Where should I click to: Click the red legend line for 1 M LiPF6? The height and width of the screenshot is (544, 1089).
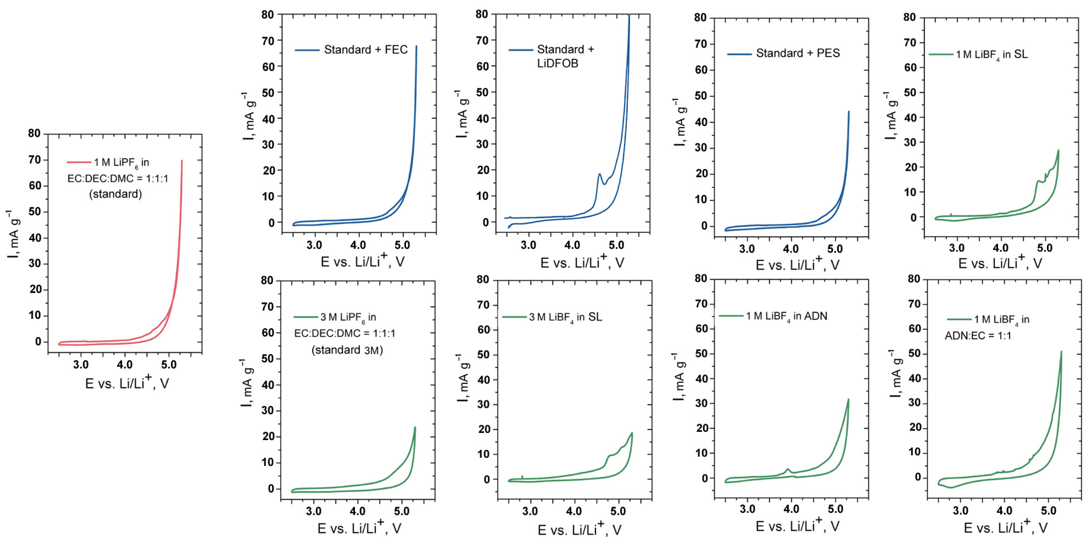click(x=79, y=162)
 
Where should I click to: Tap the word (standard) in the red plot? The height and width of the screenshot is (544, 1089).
click(x=115, y=194)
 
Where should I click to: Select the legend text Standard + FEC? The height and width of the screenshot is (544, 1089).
click(x=366, y=50)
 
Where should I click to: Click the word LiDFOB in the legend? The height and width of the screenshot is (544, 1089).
click(x=557, y=63)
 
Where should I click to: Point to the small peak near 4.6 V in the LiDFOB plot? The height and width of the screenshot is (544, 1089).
click(x=599, y=174)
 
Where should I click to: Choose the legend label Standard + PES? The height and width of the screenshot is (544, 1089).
click(x=798, y=53)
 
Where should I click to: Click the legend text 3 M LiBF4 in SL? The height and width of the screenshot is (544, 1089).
click(x=565, y=317)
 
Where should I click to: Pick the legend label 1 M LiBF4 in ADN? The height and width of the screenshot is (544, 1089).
click(x=786, y=316)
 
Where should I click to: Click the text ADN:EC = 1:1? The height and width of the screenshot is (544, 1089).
click(x=978, y=336)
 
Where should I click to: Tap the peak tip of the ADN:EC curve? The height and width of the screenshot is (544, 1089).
click(x=1061, y=352)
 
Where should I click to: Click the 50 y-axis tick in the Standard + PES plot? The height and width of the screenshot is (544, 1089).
click(x=701, y=96)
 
